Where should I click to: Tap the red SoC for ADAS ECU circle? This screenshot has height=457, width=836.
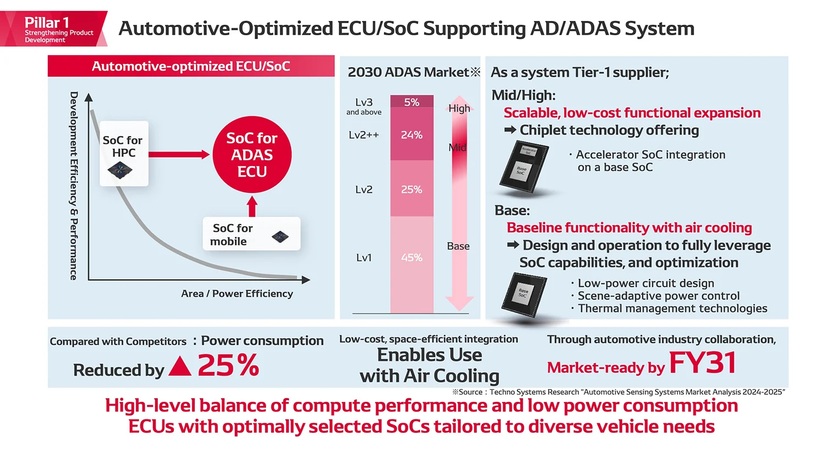[x=252, y=155]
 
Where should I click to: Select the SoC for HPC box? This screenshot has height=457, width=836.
[x=124, y=154]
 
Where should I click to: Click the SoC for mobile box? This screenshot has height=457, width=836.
[x=251, y=234]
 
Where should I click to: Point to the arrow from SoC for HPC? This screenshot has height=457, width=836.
[x=179, y=155]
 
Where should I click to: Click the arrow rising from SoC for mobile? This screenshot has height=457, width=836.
[x=252, y=206]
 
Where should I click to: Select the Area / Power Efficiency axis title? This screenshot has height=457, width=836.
[x=237, y=293]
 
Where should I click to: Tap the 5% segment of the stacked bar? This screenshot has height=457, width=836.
[x=411, y=102]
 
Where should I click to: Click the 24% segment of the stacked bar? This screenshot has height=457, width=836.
[x=411, y=134]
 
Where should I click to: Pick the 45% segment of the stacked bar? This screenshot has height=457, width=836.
[x=411, y=257]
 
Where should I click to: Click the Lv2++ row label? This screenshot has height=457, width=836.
[x=364, y=135]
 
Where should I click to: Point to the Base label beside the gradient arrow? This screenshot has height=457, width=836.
[x=458, y=246]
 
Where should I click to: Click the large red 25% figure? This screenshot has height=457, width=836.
[x=228, y=365]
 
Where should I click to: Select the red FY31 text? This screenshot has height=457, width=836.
[x=702, y=363]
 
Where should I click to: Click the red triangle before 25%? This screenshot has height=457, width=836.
[x=180, y=366]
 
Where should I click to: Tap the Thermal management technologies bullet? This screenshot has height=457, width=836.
[x=672, y=308]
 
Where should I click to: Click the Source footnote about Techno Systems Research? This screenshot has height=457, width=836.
[x=619, y=392]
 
